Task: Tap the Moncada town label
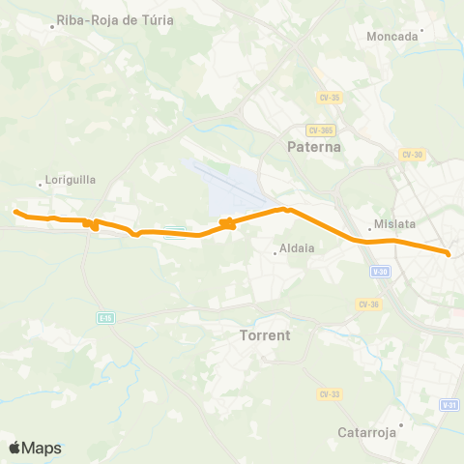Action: tap(393, 37)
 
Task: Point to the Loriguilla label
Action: tap(70, 180)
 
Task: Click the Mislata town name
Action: tap(394, 224)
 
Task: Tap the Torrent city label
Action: tap(264, 335)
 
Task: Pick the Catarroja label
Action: tap(367, 432)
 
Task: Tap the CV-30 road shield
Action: tap(413, 155)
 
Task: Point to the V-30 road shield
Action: tap(380, 272)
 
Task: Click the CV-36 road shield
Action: tap(368, 304)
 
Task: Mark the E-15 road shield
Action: tap(105, 316)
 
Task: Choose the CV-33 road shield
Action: tap(330, 393)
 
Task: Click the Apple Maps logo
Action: tap(35, 448)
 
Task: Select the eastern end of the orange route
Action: tap(449, 253)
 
